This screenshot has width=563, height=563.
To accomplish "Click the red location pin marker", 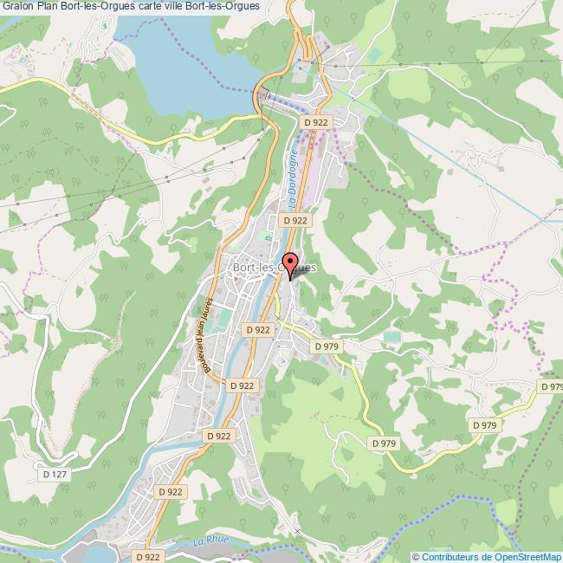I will click(290, 263).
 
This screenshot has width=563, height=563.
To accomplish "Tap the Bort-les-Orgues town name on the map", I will click(275, 269).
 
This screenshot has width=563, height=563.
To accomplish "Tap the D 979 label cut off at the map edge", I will click(551, 385).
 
